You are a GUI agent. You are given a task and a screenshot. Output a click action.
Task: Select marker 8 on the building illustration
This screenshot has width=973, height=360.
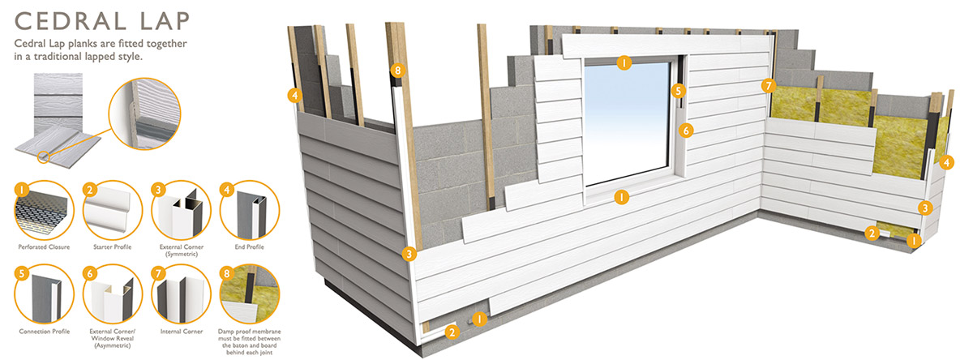[396, 71]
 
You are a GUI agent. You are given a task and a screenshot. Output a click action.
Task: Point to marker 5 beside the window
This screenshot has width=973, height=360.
[679, 91]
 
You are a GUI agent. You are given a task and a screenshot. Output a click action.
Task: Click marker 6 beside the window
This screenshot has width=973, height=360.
[686, 129]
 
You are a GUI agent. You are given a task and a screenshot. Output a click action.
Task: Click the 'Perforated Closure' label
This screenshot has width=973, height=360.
[41, 246]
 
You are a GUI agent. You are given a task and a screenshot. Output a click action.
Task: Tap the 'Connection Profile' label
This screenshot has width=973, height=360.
[41, 332]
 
